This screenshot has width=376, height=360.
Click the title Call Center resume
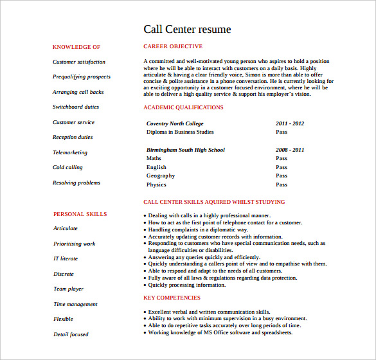(x=186, y=29)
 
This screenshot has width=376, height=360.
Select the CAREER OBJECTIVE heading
(x=172, y=46)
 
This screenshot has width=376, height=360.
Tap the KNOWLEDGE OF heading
(x=76, y=47)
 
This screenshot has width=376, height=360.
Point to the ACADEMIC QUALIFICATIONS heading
(x=183, y=107)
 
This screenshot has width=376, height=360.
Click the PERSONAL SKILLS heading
(x=80, y=214)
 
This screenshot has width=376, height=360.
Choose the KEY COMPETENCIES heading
(x=172, y=298)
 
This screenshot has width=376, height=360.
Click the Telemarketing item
(x=69, y=152)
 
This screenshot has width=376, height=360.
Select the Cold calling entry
(x=67, y=167)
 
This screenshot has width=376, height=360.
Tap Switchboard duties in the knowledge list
(x=76, y=107)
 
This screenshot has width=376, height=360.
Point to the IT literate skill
(x=65, y=258)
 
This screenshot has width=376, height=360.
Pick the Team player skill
(x=68, y=289)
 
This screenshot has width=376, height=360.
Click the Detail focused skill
(x=71, y=334)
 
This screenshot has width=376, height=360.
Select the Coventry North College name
(x=175, y=123)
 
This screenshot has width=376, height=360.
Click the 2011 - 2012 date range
(x=290, y=123)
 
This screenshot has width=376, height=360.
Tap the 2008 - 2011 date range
(x=290, y=150)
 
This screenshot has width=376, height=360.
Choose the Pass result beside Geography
(x=282, y=175)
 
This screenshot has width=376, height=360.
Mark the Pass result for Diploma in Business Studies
(x=282, y=132)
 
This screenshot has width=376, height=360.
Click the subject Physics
(x=156, y=184)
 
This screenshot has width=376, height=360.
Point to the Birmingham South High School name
(x=186, y=150)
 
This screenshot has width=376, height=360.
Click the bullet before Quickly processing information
(x=144, y=285)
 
